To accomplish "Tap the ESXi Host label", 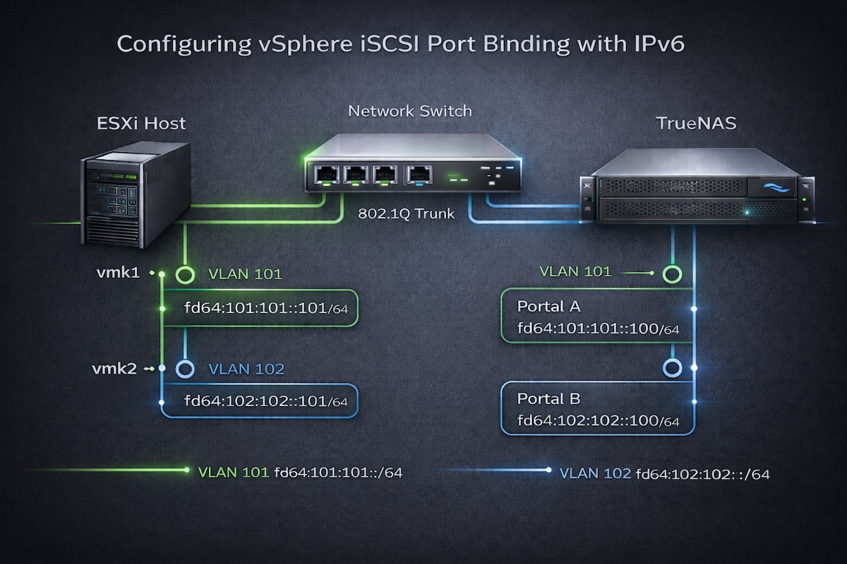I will [140, 123].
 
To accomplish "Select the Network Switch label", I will [410, 111].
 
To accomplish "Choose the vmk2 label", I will [116, 368].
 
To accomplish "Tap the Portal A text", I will [548, 307].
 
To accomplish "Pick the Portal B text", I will [548, 399].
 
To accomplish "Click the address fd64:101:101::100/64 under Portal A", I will [598, 329].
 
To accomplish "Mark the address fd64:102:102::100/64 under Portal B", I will [598, 421].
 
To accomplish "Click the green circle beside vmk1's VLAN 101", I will [185, 274].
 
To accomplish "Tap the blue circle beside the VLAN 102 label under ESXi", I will [185, 368].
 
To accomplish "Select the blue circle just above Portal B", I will [671, 367].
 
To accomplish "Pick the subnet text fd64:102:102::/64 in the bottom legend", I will [702, 474].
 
